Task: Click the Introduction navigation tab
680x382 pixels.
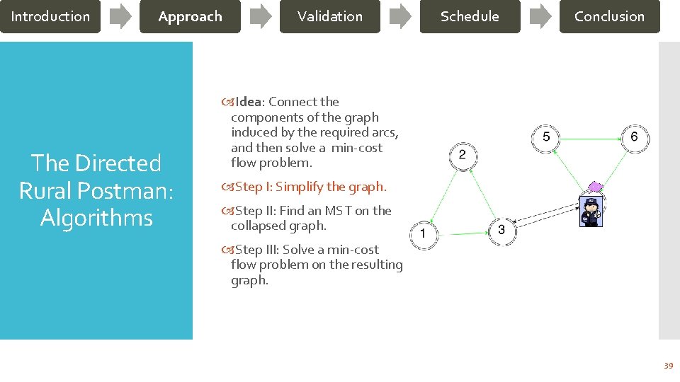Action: pyautogui.click(x=50, y=16)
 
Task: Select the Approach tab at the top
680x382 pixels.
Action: pyautogui.click(x=190, y=16)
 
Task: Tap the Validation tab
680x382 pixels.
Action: pyautogui.click(x=329, y=16)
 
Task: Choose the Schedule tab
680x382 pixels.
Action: pyautogui.click(x=470, y=16)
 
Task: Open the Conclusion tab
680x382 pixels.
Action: pyautogui.click(x=609, y=16)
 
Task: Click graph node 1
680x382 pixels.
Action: pyautogui.click(x=424, y=233)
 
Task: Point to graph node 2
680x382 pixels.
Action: pyautogui.click(x=463, y=155)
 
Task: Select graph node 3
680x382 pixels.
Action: pyautogui.click(x=501, y=230)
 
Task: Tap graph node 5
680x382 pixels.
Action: pyautogui.click(x=546, y=137)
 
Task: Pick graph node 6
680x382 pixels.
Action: pyautogui.click(x=634, y=137)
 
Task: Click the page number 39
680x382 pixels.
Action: pyautogui.click(x=667, y=366)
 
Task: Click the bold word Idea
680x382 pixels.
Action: pyautogui.click(x=248, y=102)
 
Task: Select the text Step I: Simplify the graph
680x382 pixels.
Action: pyautogui.click(x=310, y=187)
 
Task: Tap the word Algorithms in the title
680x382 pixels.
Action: pyautogui.click(x=96, y=218)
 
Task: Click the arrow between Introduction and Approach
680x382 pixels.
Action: pyautogui.click(x=120, y=16)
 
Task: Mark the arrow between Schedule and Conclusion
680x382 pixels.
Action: pyautogui.click(x=540, y=16)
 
